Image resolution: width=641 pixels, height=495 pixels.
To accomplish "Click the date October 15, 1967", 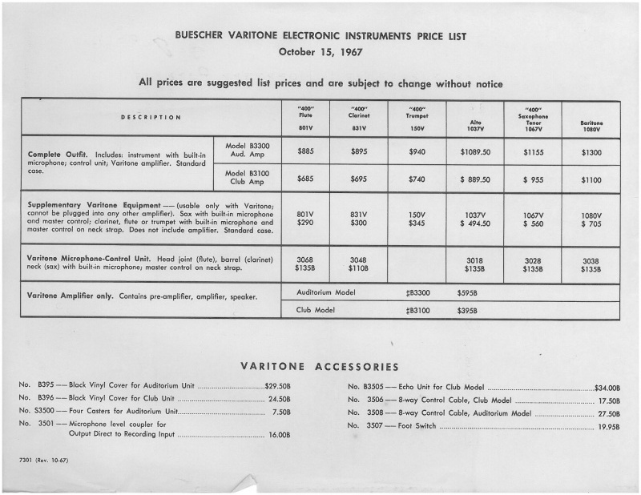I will [320, 53].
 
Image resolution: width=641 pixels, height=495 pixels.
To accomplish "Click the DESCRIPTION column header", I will [151, 118].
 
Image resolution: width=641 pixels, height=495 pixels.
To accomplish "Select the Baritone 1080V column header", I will [591, 124].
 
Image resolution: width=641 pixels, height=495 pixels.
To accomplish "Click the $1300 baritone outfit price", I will [591, 152].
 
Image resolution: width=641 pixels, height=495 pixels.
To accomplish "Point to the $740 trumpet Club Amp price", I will [415, 180].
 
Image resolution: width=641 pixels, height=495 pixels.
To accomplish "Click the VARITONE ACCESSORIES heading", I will [320, 367].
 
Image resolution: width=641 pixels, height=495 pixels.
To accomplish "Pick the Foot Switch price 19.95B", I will [608, 426].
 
